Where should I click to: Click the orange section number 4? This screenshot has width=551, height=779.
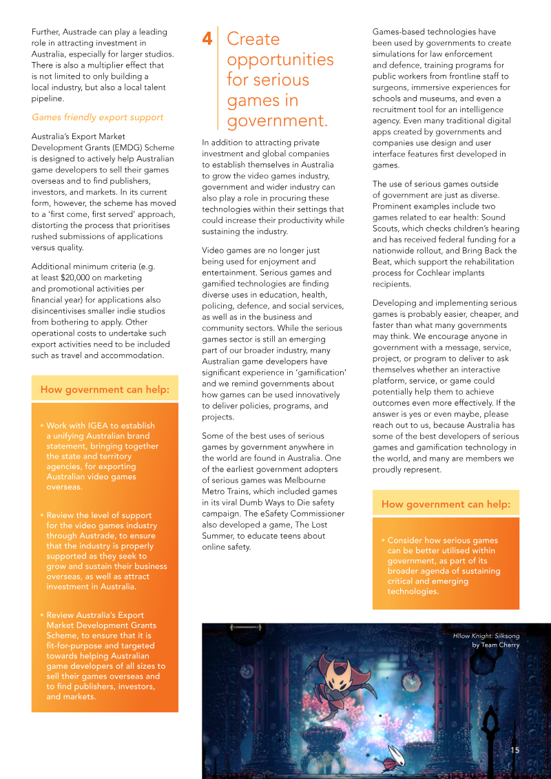coord(207,39)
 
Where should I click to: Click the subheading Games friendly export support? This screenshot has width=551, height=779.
coord(97,117)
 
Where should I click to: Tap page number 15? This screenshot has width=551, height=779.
coord(514,750)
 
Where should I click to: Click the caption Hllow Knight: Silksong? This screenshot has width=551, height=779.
coord(486,635)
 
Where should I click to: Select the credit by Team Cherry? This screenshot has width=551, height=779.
coord(495,645)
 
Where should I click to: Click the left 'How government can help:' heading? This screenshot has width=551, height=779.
coord(104,390)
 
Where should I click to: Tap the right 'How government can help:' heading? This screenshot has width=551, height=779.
coord(446,504)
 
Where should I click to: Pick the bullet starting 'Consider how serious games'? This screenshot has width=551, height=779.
coord(443,565)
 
